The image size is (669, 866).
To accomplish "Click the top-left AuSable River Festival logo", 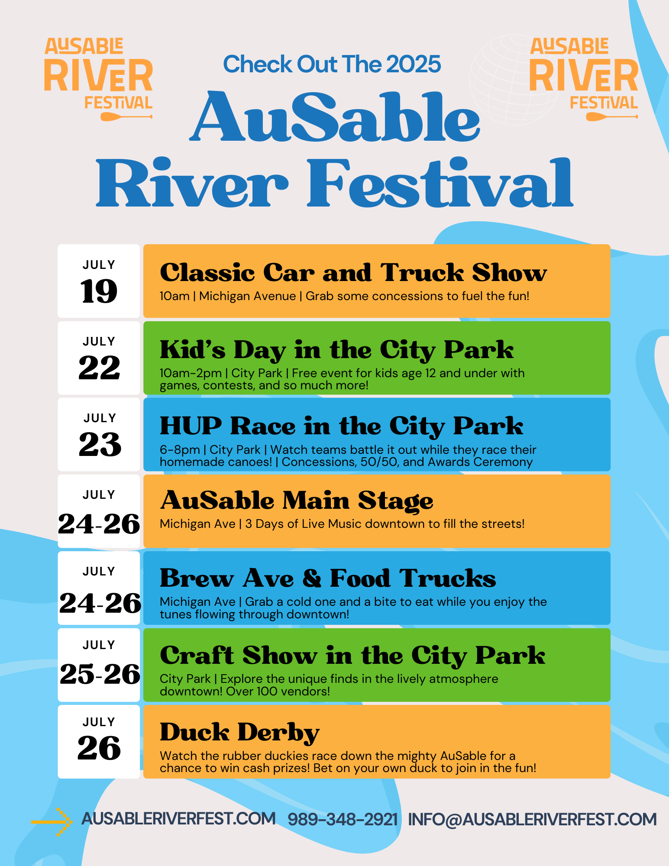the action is [99, 79].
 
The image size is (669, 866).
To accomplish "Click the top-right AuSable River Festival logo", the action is [584, 79].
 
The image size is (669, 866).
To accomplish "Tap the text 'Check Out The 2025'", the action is [332, 64].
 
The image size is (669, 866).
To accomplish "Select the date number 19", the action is [99, 291].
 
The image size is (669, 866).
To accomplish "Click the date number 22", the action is [99, 368].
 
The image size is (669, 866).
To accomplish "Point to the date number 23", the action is [100, 444].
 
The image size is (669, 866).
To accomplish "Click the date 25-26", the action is [100, 674].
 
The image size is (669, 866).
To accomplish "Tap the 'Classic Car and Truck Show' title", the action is [353, 272].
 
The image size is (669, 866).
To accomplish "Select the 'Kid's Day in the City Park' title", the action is [337, 350].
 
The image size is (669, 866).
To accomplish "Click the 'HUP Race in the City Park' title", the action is [342, 426].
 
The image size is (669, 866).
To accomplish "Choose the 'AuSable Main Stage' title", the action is [297, 501].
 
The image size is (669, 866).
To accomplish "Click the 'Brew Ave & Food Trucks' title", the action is [328, 578].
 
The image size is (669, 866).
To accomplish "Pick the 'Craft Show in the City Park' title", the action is [352, 656].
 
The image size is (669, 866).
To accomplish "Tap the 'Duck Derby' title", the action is [239, 733].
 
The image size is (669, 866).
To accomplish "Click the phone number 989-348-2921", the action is [343, 819].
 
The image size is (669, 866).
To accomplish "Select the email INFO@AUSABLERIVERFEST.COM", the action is [533, 819].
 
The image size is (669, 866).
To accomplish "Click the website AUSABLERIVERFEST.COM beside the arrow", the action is [178, 818].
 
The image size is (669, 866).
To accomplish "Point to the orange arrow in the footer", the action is [51, 821].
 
